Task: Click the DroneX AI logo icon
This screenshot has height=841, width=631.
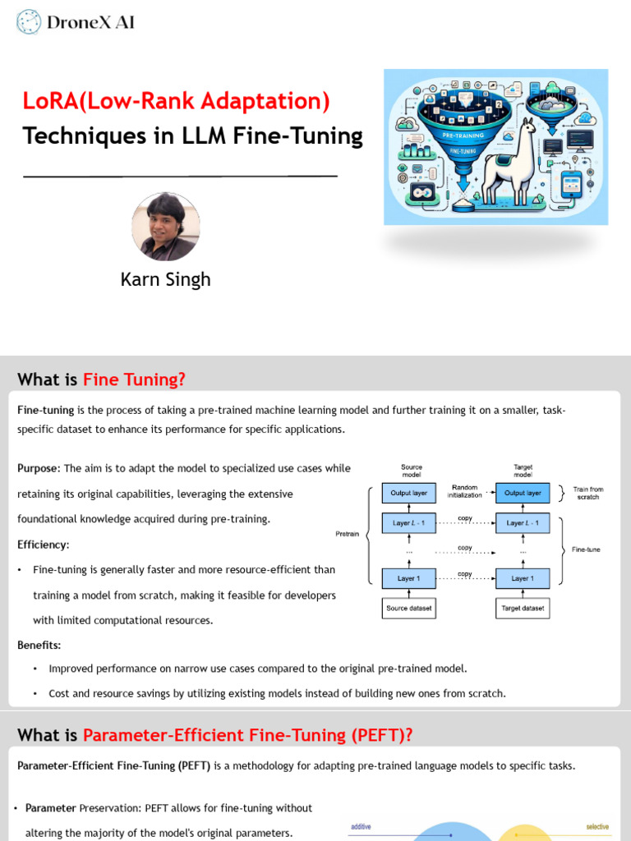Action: click(x=29, y=22)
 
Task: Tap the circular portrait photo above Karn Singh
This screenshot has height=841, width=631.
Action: click(x=165, y=227)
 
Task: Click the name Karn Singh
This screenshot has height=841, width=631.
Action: click(x=165, y=279)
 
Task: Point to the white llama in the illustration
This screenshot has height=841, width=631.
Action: click(x=509, y=163)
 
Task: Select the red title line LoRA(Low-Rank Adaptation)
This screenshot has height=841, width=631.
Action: click(x=176, y=101)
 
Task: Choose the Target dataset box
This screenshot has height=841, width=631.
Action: click(x=523, y=609)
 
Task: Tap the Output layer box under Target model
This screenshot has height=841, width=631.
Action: click(x=523, y=493)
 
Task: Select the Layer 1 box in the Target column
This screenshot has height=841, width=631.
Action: click(x=523, y=578)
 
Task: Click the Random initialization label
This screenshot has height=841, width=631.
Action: click(x=465, y=491)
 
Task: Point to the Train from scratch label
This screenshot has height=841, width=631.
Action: click(x=587, y=493)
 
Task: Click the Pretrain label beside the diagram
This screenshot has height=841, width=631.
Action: click(x=348, y=534)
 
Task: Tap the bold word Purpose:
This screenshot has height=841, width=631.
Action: click(x=39, y=468)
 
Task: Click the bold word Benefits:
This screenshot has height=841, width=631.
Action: click(x=39, y=646)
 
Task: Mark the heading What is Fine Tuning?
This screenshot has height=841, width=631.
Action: click(x=102, y=379)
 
